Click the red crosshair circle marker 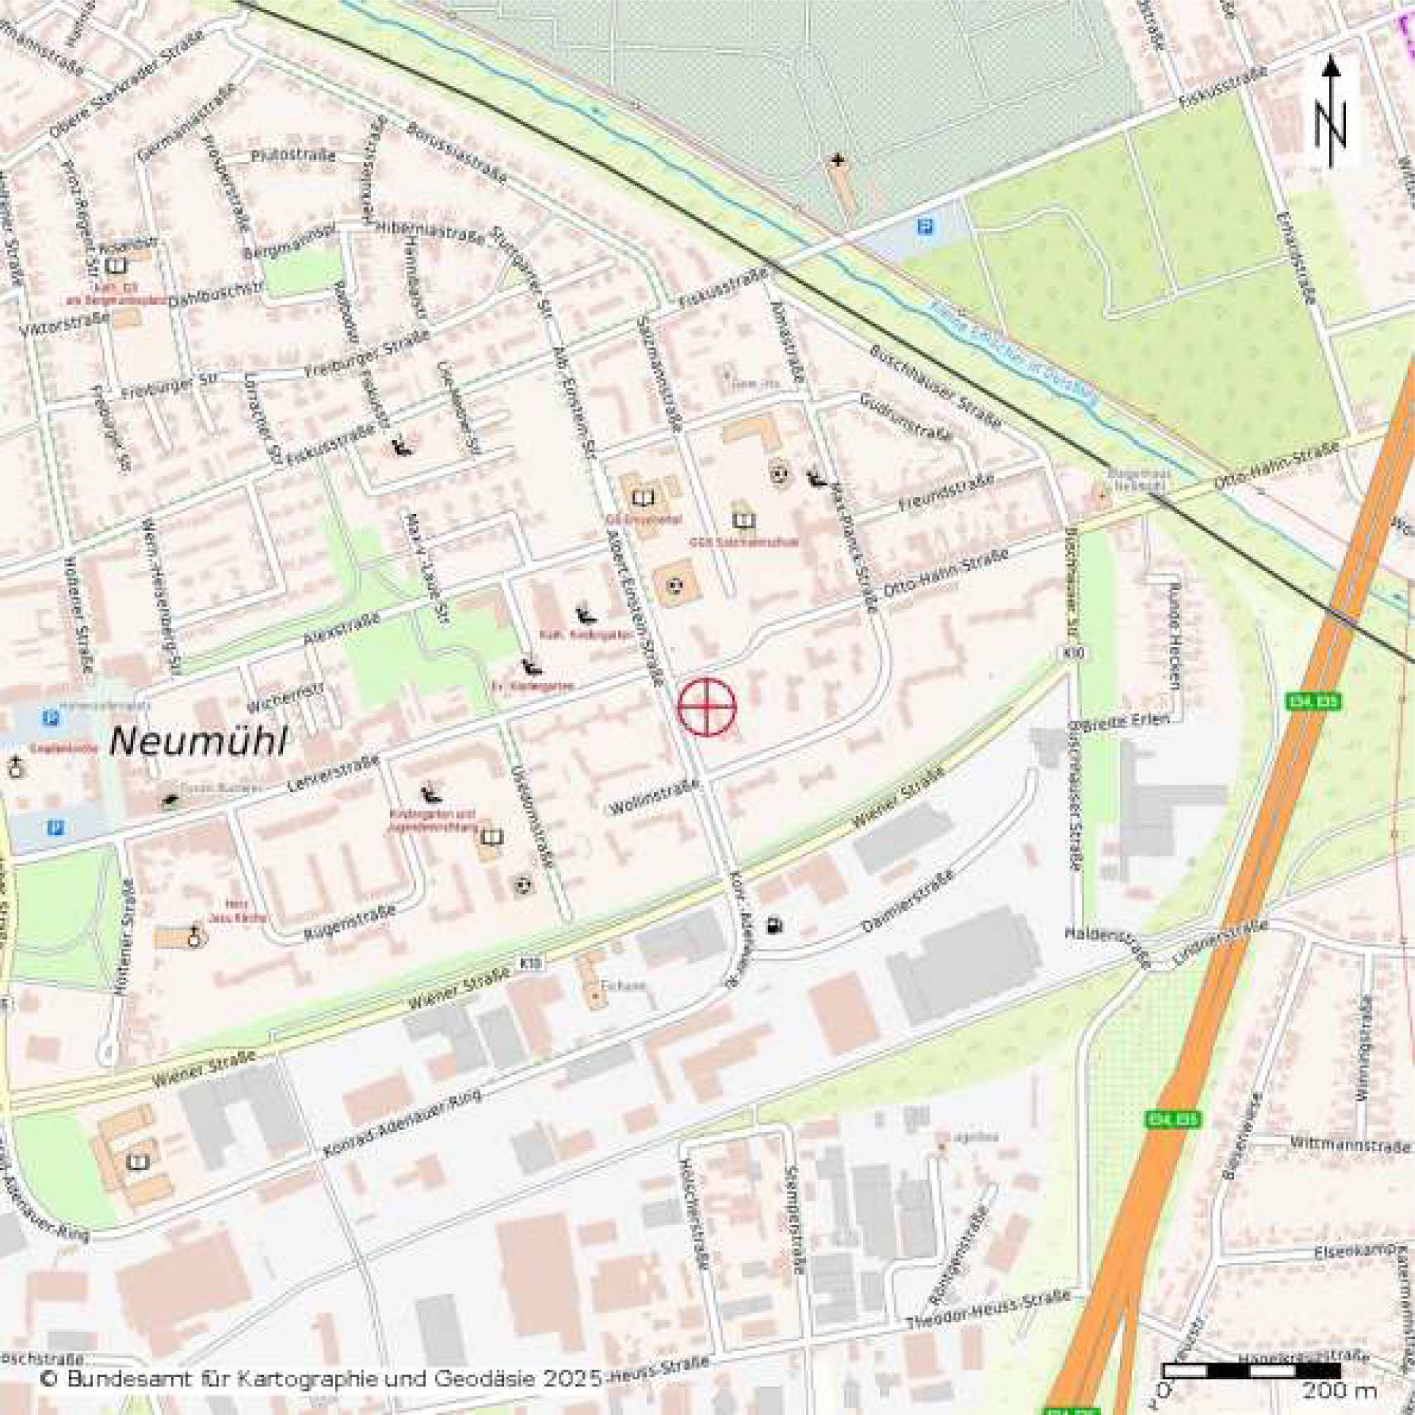pos(706,706)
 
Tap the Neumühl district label pos(198,741)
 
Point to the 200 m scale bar pos(1251,1371)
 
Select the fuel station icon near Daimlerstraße pos(775,926)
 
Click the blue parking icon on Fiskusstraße pos(925,227)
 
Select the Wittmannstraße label pos(1350,1144)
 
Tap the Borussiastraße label pos(456,152)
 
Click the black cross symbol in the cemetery pos(837,160)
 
